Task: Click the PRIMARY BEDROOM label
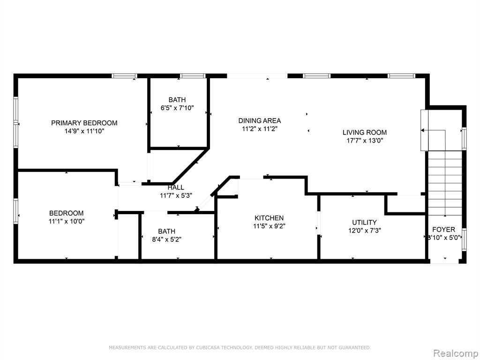(x=84, y=123)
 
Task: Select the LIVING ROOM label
(x=364, y=133)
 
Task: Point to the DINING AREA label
(x=260, y=120)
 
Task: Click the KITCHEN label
(x=269, y=218)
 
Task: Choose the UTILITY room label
(x=364, y=222)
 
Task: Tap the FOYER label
(x=443, y=229)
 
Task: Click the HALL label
(x=176, y=187)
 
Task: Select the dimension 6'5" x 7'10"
(x=177, y=108)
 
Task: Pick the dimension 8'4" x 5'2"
(x=167, y=240)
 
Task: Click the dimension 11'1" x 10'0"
(x=67, y=221)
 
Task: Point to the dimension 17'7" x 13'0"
(x=365, y=141)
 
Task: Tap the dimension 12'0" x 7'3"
(x=364, y=231)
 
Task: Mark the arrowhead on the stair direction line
(x=423, y=130)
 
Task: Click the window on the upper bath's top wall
(x=192, y=76)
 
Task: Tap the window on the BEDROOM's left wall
(x=15, y=211)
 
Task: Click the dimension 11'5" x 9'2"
(x=269, y=226)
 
